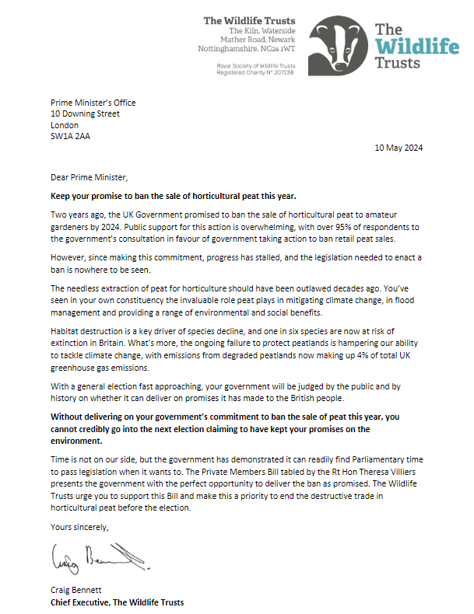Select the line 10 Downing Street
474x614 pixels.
[85, 113]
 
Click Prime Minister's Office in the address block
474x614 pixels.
[93, 103]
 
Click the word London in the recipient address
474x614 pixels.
[65, 124]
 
